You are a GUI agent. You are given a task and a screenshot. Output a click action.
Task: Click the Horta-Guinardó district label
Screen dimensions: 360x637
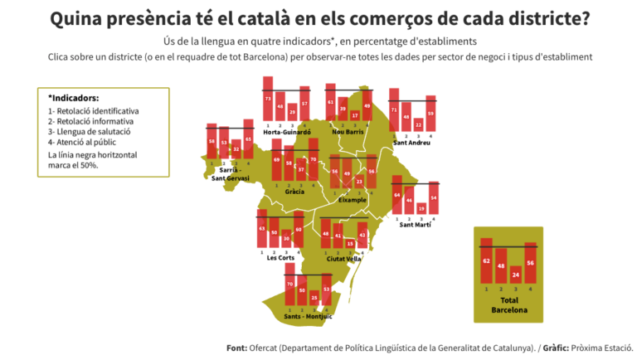(x=286, y=132)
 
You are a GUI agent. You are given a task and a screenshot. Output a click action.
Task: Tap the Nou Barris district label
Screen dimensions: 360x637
(x=348, y=132)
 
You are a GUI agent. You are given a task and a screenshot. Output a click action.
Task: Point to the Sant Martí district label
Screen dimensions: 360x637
(x=415, y=224)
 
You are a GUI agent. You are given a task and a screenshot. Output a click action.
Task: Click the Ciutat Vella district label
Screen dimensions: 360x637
(x=344, y=258)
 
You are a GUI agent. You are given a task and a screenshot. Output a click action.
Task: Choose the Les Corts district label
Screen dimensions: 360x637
(x=280, y=257)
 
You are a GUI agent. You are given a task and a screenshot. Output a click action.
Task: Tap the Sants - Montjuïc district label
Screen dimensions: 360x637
(x=308, y=316)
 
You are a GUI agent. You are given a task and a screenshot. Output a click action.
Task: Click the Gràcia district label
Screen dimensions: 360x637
(x=294, y=191)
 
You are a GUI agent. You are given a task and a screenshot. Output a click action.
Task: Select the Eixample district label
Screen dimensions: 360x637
(x=353, y=200)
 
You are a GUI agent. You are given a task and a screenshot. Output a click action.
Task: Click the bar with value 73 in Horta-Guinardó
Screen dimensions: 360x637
(x=268, y=99)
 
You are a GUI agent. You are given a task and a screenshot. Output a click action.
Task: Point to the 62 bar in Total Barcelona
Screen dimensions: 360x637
(x=486, y=260)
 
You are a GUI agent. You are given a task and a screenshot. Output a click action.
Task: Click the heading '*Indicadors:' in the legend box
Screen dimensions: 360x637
(x=74, y=98)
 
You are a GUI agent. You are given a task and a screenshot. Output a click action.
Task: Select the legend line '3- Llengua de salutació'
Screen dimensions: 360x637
(x=89, y=131)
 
